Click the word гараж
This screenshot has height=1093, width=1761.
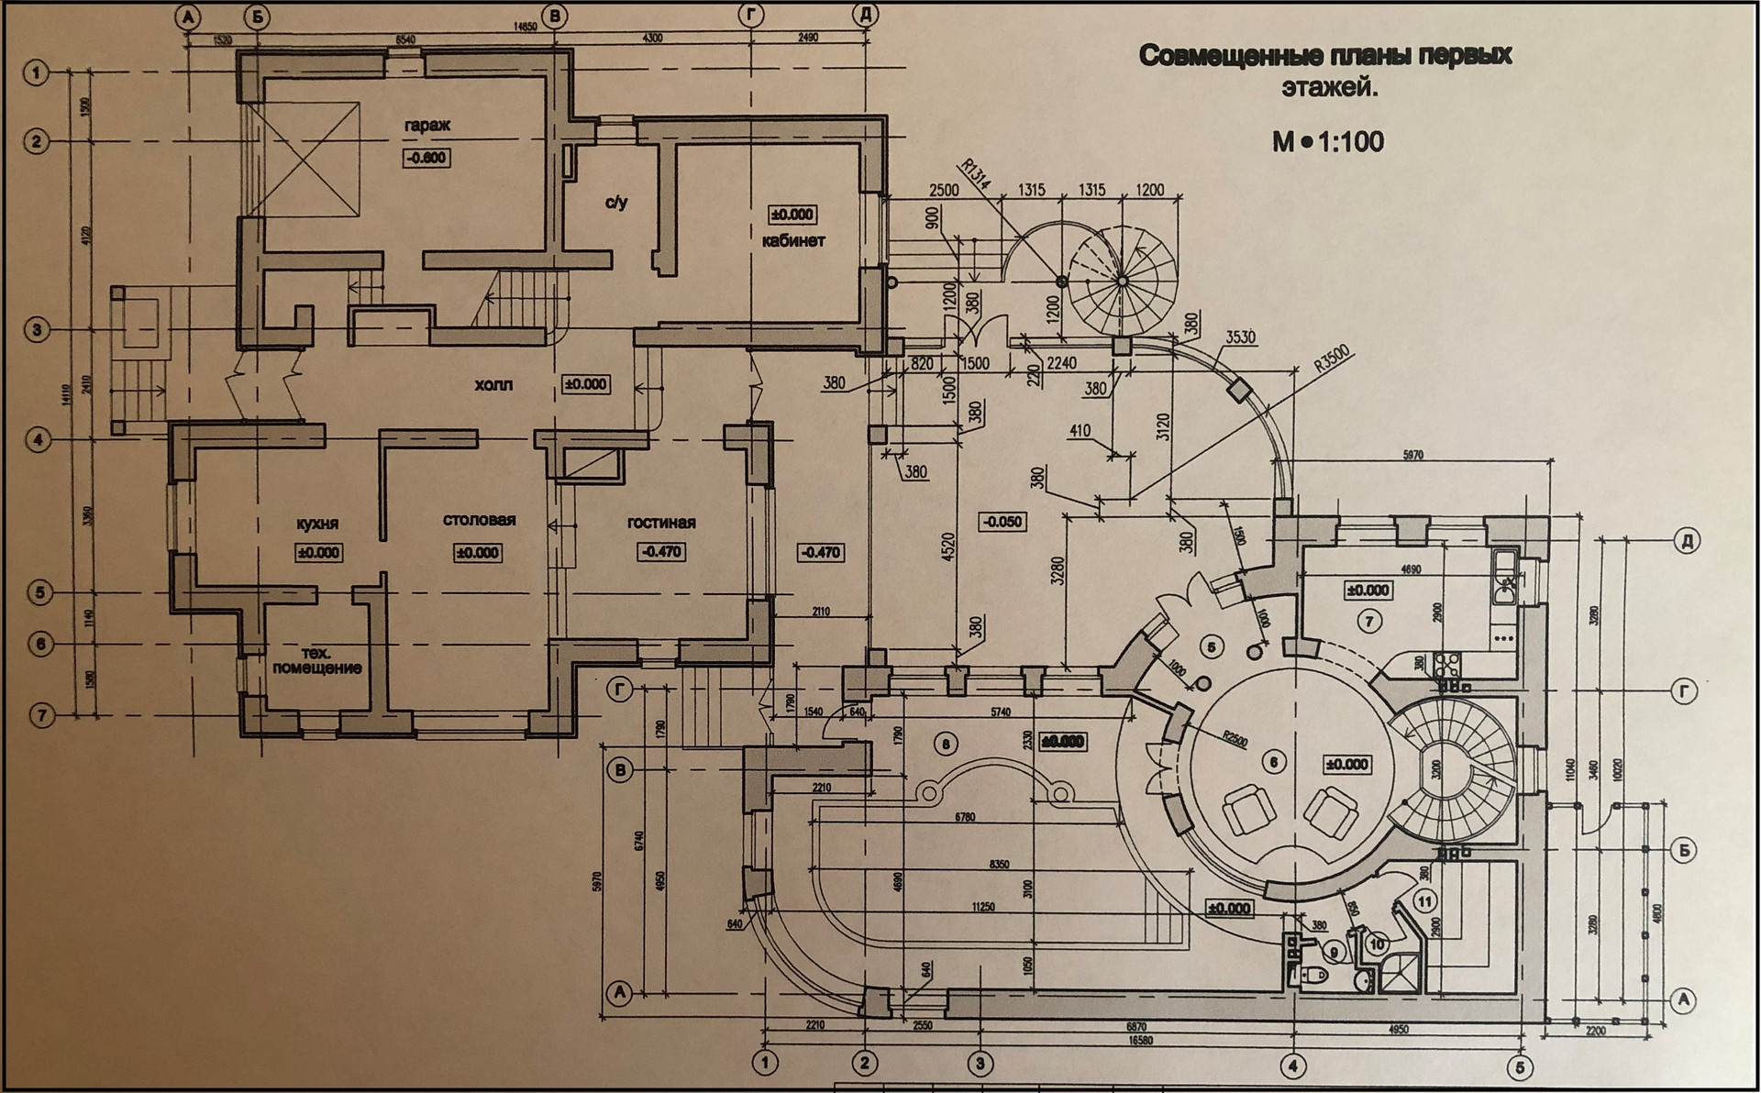pos(427,126)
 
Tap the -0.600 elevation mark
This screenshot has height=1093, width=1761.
pos(426,158)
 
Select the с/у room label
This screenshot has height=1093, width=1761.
pos(616,202)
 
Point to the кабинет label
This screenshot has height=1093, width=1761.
pos(793,241)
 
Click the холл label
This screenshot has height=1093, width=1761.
pos(493,385)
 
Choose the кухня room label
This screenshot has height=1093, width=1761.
pos(317,524)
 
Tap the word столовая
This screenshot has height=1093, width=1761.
pos(479,521)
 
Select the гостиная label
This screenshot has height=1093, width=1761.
pos(661,523)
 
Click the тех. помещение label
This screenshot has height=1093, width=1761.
pos(316,661)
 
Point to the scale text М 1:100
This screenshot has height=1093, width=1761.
pos(1327,142)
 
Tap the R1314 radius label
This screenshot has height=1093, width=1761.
pos(974,175)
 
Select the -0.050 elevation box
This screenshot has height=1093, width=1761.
pos(1002,522)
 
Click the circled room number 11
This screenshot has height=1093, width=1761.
pos(1424,902)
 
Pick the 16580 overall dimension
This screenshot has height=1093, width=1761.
pos(1139,1042)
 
